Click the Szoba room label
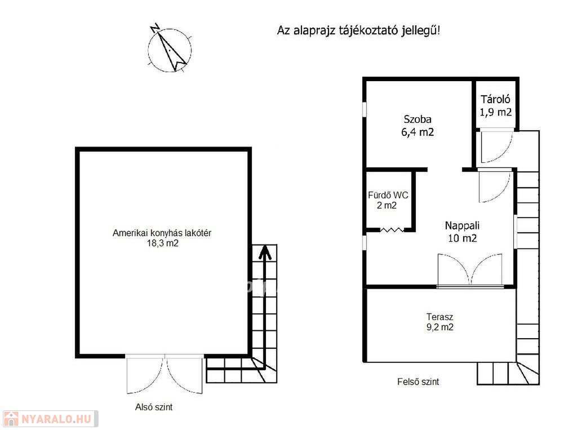coord(418,119)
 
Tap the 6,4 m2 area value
coord(418,132)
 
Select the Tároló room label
coord(495,99)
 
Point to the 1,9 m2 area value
coord(495,112)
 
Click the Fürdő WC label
coord(388,195)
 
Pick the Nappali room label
coord(462,225)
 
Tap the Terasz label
coord(440,317)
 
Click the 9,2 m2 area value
coord(440,327)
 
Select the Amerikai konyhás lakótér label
coord(162,233)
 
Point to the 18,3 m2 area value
coord(163,243)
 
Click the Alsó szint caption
coord(154,407)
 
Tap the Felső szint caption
coord(418,382)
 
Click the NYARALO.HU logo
coord(50,419)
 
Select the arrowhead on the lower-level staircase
coord(265,253)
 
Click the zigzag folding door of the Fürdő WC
coord(392,230)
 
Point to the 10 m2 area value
coord(462,238)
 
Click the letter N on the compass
coord(156,28)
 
